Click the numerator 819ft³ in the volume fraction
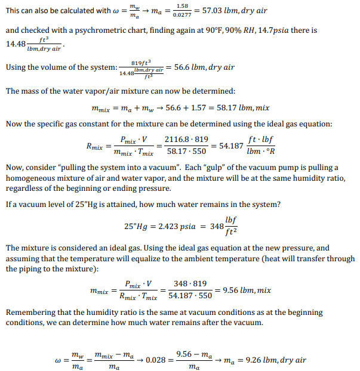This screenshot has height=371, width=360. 140,62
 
